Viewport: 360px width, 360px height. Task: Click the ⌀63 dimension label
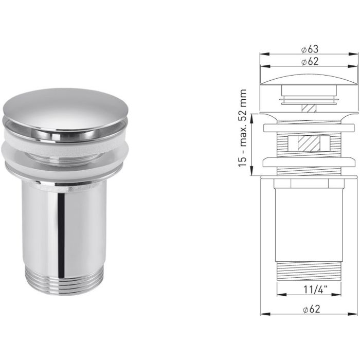(309, 49)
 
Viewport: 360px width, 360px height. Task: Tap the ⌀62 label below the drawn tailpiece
(309, 309)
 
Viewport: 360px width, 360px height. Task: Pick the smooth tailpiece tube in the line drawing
(309, 221)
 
